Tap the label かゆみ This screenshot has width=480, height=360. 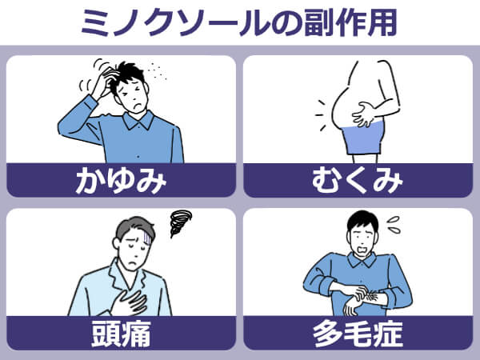[x=121, y=181]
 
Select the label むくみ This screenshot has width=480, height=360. [x=358, y=181]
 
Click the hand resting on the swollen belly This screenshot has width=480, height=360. [x=366, y=114]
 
